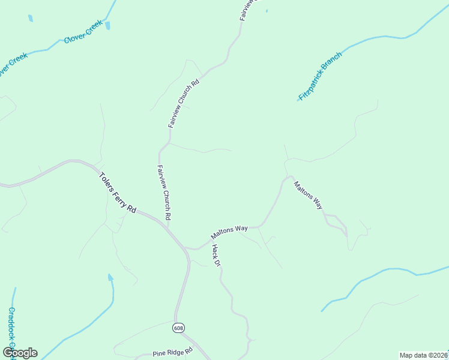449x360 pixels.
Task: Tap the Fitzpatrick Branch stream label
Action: pos(320,76)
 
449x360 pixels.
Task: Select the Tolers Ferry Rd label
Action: pos(117,190)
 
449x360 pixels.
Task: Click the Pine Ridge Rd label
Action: pos(172,352)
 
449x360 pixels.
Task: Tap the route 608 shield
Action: pos(179,328)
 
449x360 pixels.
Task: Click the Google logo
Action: pos(20,353)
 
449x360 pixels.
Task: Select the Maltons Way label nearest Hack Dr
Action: pos(229,232)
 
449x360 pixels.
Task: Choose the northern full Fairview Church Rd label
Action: pos(183,103)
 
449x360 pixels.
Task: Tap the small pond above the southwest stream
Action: pos(110,277)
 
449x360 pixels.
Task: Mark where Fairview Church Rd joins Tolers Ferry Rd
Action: pos(167,226)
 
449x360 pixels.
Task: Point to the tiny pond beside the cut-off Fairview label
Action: pos(267,11)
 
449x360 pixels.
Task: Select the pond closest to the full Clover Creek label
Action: pos(107,25)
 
